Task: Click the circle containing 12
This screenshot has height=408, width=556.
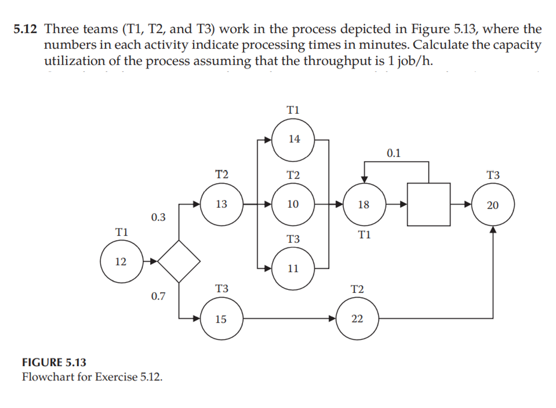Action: [x=122, y=261]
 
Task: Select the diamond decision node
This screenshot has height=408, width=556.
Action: [x=179, y=261]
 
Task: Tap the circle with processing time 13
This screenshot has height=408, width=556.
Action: [x=222, y=204]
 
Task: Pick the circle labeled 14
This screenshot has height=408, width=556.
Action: [x=293, y=139]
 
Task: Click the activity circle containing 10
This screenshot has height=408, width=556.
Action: [x=293, y=204]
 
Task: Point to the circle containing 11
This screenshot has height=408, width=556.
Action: [x=293, y=269]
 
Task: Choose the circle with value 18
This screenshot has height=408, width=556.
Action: [x=364, y=204]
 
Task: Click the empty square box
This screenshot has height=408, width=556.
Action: [x=428, y=204]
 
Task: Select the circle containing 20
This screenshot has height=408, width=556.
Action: [x=493, y=204]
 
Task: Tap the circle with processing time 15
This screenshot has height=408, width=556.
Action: [x=222, y=319]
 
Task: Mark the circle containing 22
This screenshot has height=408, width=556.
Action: [x=357, y=319]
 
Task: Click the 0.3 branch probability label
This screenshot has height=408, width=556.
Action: [x=159, y=217]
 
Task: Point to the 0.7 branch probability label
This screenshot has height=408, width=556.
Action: [x=159, y=296]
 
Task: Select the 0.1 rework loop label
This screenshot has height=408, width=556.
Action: [x=393, y=153]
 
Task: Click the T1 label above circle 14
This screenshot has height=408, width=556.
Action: [x=293, y=110]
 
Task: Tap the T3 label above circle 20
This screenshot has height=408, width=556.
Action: [x=493, y=175]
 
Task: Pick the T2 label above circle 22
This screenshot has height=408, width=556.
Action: [x=357, y=289]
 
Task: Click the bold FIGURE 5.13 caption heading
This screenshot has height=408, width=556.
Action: [x=54, y=362]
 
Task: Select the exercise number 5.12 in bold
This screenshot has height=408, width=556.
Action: [x=25, y=29]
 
